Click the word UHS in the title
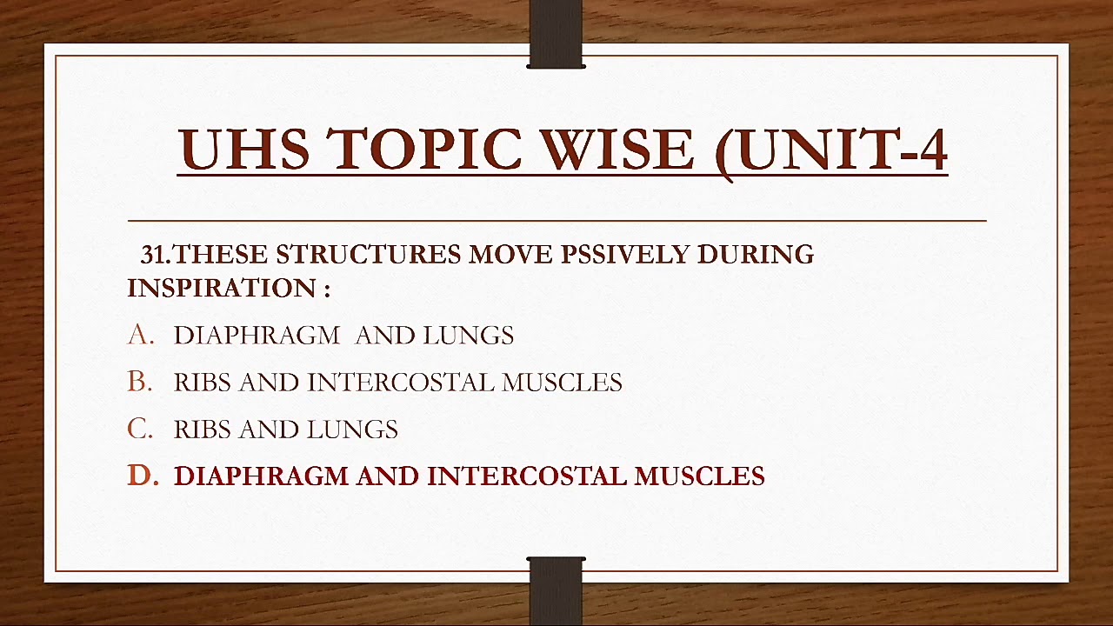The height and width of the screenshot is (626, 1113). [x=243, y=150]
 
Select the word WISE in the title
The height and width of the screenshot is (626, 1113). [x=618, y=150]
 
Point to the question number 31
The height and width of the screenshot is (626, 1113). [x=154, y=255]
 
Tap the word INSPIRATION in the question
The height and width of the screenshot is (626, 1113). [x=221, y=289]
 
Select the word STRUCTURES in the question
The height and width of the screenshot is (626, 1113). [x=368, y=255]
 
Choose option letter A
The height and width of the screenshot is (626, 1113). [x=139, y=335]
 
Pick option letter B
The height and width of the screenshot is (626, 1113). [x=139, y=382]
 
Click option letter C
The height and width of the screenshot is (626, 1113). [x=139, y=429]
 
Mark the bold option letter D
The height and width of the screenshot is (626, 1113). [x=142, y=476]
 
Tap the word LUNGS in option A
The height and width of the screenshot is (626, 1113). [x=468, y=336]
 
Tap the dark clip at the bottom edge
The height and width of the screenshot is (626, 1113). [x=556, y=591]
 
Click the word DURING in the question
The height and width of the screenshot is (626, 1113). [x=755, y=255]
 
